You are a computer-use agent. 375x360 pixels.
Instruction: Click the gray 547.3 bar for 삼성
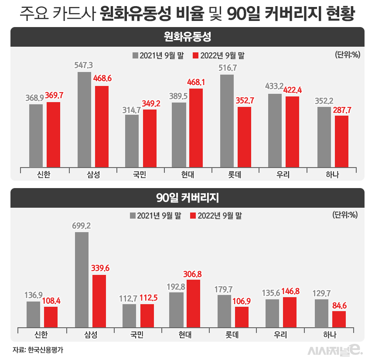pos(84,119)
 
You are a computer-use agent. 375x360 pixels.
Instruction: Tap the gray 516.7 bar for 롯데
pos(227,120)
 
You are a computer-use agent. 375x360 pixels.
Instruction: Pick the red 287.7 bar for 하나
pos(341,141)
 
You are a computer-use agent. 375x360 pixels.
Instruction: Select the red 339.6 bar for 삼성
pos(99,302)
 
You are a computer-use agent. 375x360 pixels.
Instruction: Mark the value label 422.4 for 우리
pos(293,89)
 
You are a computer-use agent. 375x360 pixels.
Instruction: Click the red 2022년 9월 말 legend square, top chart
pos(195,55)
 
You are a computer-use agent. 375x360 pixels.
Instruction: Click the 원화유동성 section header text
pos(187,36)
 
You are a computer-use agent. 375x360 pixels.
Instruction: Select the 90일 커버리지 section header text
pos(187,198)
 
